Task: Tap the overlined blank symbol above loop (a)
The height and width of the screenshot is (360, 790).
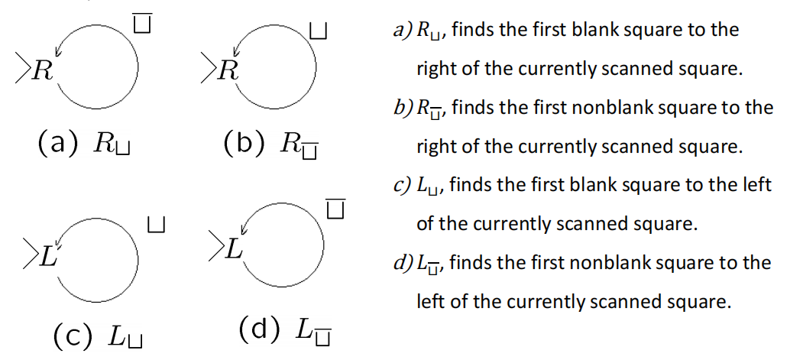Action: (x=143, y=23)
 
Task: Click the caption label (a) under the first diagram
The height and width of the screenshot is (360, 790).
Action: (x=58, y=143)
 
